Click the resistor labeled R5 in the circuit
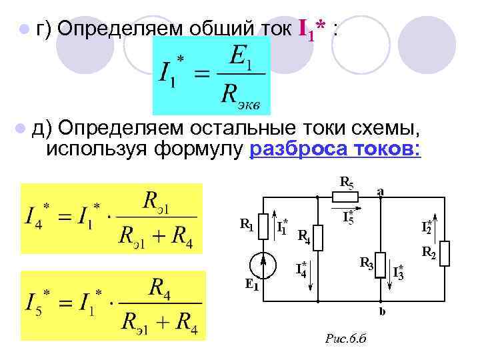(x=345, y=196)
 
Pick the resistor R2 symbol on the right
(x=445, y=253)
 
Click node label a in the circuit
(x=381, y=191)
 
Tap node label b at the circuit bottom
(x=381, y=311)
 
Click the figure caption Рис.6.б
(x=345, y=340)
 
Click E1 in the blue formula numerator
(x=239, y=56)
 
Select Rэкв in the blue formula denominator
(x=241, y=96)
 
